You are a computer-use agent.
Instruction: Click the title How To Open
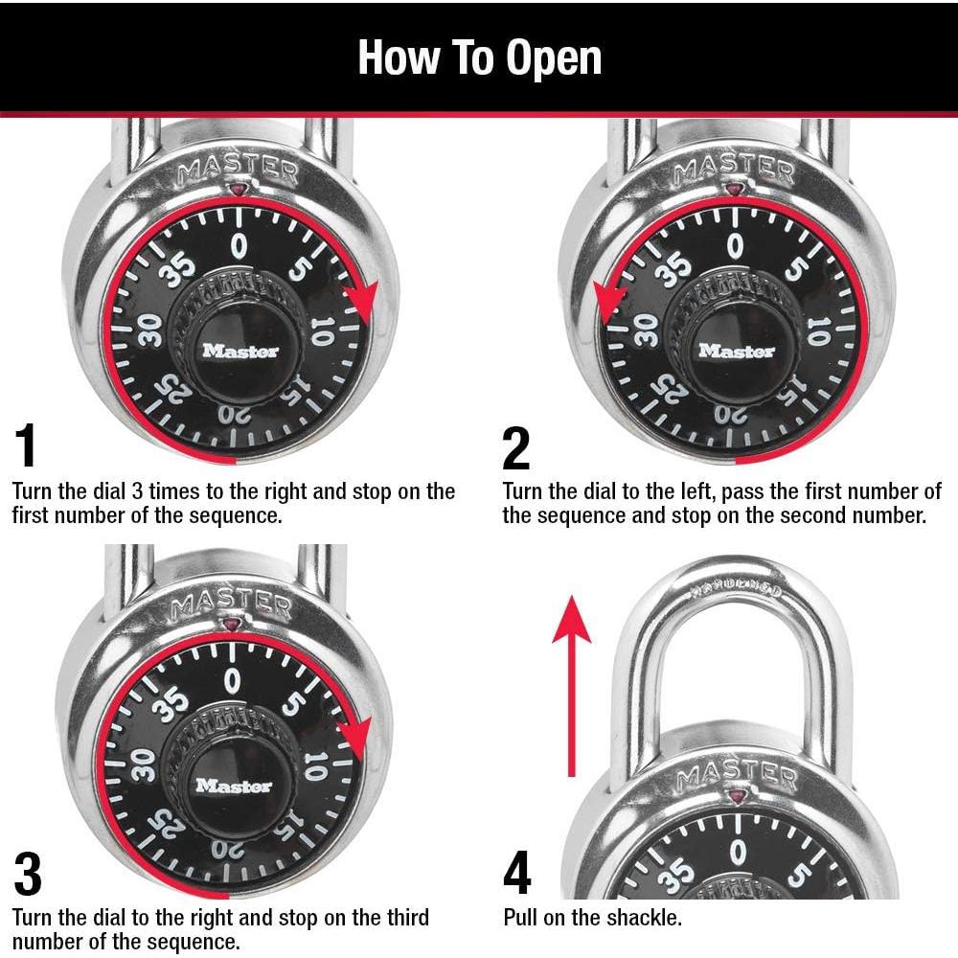pos(479,57)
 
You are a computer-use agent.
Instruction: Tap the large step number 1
pos(27,447)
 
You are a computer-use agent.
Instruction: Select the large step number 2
pos(515,447)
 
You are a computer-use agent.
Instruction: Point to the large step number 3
pos(28,874)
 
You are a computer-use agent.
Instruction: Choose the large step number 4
pos(516,874)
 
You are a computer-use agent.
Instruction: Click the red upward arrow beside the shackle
pos(572,680)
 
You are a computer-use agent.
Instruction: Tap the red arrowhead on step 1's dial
pos(360,304)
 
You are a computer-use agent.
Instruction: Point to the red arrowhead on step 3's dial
pos(354,735)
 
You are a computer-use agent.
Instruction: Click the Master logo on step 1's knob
pos(240,352)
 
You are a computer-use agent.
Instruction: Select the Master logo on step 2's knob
pos(736,352)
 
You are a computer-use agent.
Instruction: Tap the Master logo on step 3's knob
pos(234,786)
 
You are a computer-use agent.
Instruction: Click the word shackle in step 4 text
pos(650,918)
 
